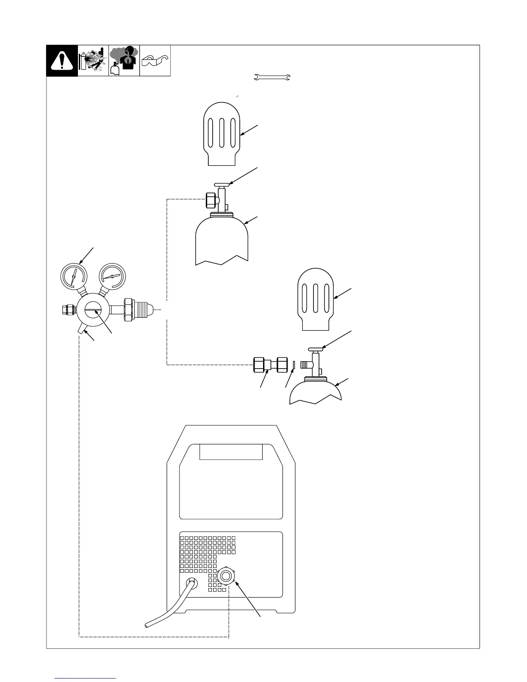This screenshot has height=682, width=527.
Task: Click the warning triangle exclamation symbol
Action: pos(62,61)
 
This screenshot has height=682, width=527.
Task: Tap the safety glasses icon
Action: pos(155,61)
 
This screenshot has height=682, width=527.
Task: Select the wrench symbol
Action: pos(273,77)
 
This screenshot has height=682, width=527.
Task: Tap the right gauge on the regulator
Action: pos(112,276)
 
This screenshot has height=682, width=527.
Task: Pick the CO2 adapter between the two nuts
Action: pos(271,365)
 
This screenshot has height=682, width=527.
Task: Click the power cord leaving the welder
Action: pos(172,603)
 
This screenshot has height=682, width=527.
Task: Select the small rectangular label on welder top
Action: pos(231,452)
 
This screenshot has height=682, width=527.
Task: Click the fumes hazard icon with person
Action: pos(124,61)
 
